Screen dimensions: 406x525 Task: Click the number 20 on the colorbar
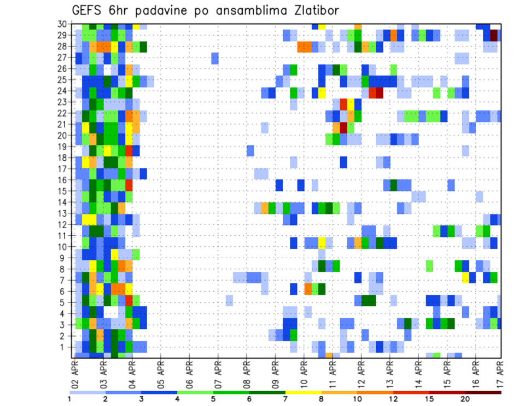(x=465, y=399)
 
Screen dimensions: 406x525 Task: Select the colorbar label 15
(x=429, y=399)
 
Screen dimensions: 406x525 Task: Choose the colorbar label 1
(x=69, y=399)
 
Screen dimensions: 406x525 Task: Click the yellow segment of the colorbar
(x=304, y=392)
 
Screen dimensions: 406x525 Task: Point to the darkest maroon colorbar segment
(x=483, y=392)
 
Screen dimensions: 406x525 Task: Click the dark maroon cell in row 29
(x=494, y=36)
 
